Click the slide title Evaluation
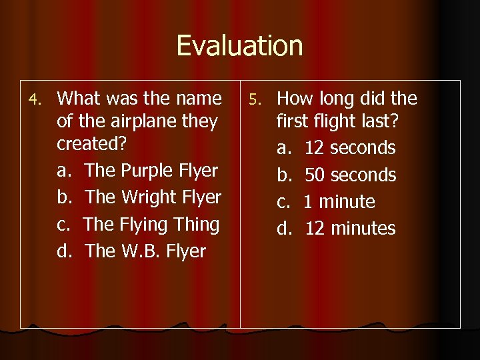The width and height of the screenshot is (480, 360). [239, 46]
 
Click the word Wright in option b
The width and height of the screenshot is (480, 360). [155, 197]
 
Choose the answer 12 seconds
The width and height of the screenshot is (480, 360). [349, 148]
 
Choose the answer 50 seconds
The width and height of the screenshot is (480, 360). [350, 175]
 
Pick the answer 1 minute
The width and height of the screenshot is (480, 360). [339, 202]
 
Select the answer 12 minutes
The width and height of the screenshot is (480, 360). [350, 229]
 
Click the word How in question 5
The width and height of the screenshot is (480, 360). [294, 99]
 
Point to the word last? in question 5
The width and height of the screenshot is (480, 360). [381, 122]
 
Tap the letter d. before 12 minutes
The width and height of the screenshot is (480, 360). [285, 229]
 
